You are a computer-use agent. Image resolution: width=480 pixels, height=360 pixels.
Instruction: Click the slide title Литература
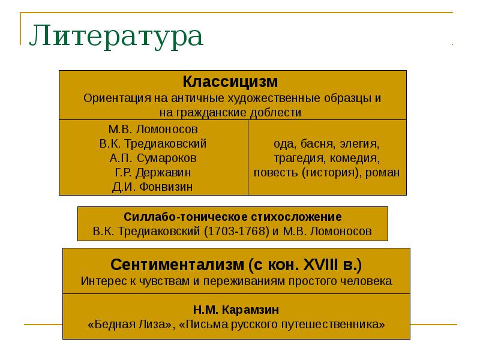(x=116, y=37)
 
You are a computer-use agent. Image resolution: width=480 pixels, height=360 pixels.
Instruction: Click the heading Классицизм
(x=230, y=81)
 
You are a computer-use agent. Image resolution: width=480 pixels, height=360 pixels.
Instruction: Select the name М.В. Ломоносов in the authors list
(x=153, y=129)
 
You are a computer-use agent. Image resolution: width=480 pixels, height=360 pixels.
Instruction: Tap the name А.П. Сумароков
(x=153, y=158)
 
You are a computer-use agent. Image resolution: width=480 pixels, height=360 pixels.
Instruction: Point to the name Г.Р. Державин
(x=153, y=172)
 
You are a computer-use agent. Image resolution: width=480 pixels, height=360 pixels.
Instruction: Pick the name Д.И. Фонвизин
(x=153, y=187)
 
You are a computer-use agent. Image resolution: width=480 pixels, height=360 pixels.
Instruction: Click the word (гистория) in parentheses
(x=329, y=173)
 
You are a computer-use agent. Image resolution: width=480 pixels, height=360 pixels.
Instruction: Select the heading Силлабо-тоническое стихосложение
(x=233, y=217)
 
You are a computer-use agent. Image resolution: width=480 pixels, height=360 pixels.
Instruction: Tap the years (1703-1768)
(x=245, y=231)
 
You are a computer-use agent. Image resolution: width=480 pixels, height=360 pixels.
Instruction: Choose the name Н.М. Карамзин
(x=236, y=310)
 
